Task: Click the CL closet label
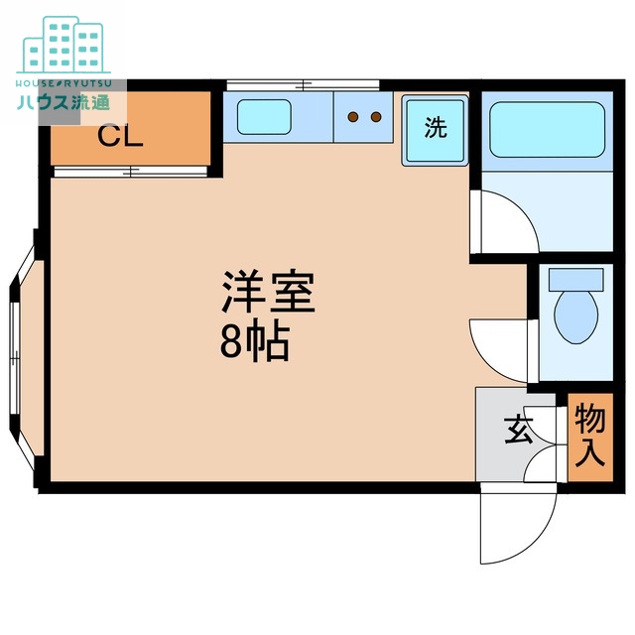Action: click(120, 136)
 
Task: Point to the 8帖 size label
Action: click(254, 342)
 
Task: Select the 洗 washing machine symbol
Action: click(435, 129)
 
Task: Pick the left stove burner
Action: click(352, 118)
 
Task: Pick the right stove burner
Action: click(376, 118)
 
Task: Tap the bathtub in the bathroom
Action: click(547, 129)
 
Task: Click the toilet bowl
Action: click(574, 316)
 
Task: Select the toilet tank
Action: click(574, 279)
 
